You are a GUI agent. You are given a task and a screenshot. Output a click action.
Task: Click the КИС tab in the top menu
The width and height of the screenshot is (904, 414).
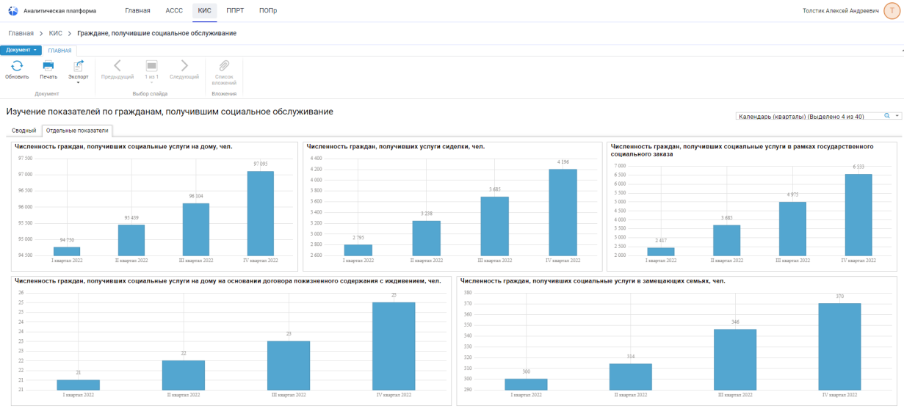tap(204, 11)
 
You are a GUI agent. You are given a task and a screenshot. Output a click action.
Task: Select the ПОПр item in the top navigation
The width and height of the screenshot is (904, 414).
tap(268, 11)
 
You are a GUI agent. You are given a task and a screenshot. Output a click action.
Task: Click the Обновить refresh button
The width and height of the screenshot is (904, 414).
tap(17, 70)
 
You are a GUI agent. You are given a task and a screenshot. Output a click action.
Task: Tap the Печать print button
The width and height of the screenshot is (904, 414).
tap(48, 70)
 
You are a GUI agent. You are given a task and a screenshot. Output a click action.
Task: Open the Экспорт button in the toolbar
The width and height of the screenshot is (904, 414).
tap(78, 70)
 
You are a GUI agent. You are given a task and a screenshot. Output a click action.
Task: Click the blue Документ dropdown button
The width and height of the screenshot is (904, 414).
tap(21, 50)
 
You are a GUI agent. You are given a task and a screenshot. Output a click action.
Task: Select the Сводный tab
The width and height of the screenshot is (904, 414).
tap(24, 131)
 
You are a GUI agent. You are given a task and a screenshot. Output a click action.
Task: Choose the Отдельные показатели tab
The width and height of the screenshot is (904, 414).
tap(76, 131)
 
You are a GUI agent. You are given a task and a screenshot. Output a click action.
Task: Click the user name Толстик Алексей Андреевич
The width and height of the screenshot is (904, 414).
tap(840, 11)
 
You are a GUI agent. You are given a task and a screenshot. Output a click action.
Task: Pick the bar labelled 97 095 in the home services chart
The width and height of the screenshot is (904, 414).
tap(261, 213)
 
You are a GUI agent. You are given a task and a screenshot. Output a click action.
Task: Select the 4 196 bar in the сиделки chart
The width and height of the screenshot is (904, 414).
tap(563, 212)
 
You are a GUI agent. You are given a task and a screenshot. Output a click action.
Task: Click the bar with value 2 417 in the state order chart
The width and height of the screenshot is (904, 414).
tap(661, 251)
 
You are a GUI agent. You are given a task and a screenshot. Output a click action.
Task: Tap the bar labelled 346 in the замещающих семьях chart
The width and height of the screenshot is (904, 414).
tap(735, 360)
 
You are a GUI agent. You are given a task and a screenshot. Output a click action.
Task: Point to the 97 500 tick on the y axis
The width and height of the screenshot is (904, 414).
tap(24, 158)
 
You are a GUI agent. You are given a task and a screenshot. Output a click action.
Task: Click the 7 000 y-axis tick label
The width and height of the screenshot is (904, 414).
tap(621, 166)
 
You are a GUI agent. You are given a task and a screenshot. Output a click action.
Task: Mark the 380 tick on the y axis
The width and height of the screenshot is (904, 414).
tap(467, 292)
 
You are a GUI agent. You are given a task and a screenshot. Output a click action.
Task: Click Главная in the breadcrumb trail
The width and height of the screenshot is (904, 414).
tap(21, 33)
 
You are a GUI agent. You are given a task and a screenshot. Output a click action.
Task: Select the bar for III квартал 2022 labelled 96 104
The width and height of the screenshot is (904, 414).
tap(196, 229)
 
